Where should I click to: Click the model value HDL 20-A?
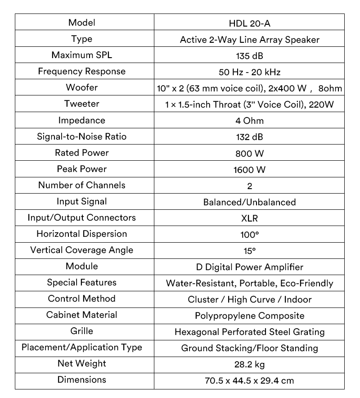(249, 23)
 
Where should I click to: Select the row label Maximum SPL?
(82, 55)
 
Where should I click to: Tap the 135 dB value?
(249, 56)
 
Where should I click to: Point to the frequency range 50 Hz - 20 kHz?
(249, 72)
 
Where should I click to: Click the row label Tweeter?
(82, 104)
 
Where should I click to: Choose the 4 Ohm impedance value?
(249, 121)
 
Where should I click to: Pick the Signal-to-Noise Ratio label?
(82, 136)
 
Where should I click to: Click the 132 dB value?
(249, 137)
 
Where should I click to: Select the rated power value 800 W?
(249, 153)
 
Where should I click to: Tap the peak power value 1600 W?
(249, 169)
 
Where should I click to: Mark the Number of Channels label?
(82, 185)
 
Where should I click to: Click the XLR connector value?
(249, 218)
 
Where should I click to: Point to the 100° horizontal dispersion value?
(249, 235)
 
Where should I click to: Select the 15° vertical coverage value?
(249, 251)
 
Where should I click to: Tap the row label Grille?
(82, 331)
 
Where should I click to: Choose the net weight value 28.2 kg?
(249, 364)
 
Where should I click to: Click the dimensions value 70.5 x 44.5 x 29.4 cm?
(249, 380)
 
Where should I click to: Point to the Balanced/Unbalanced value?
(249, 202)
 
